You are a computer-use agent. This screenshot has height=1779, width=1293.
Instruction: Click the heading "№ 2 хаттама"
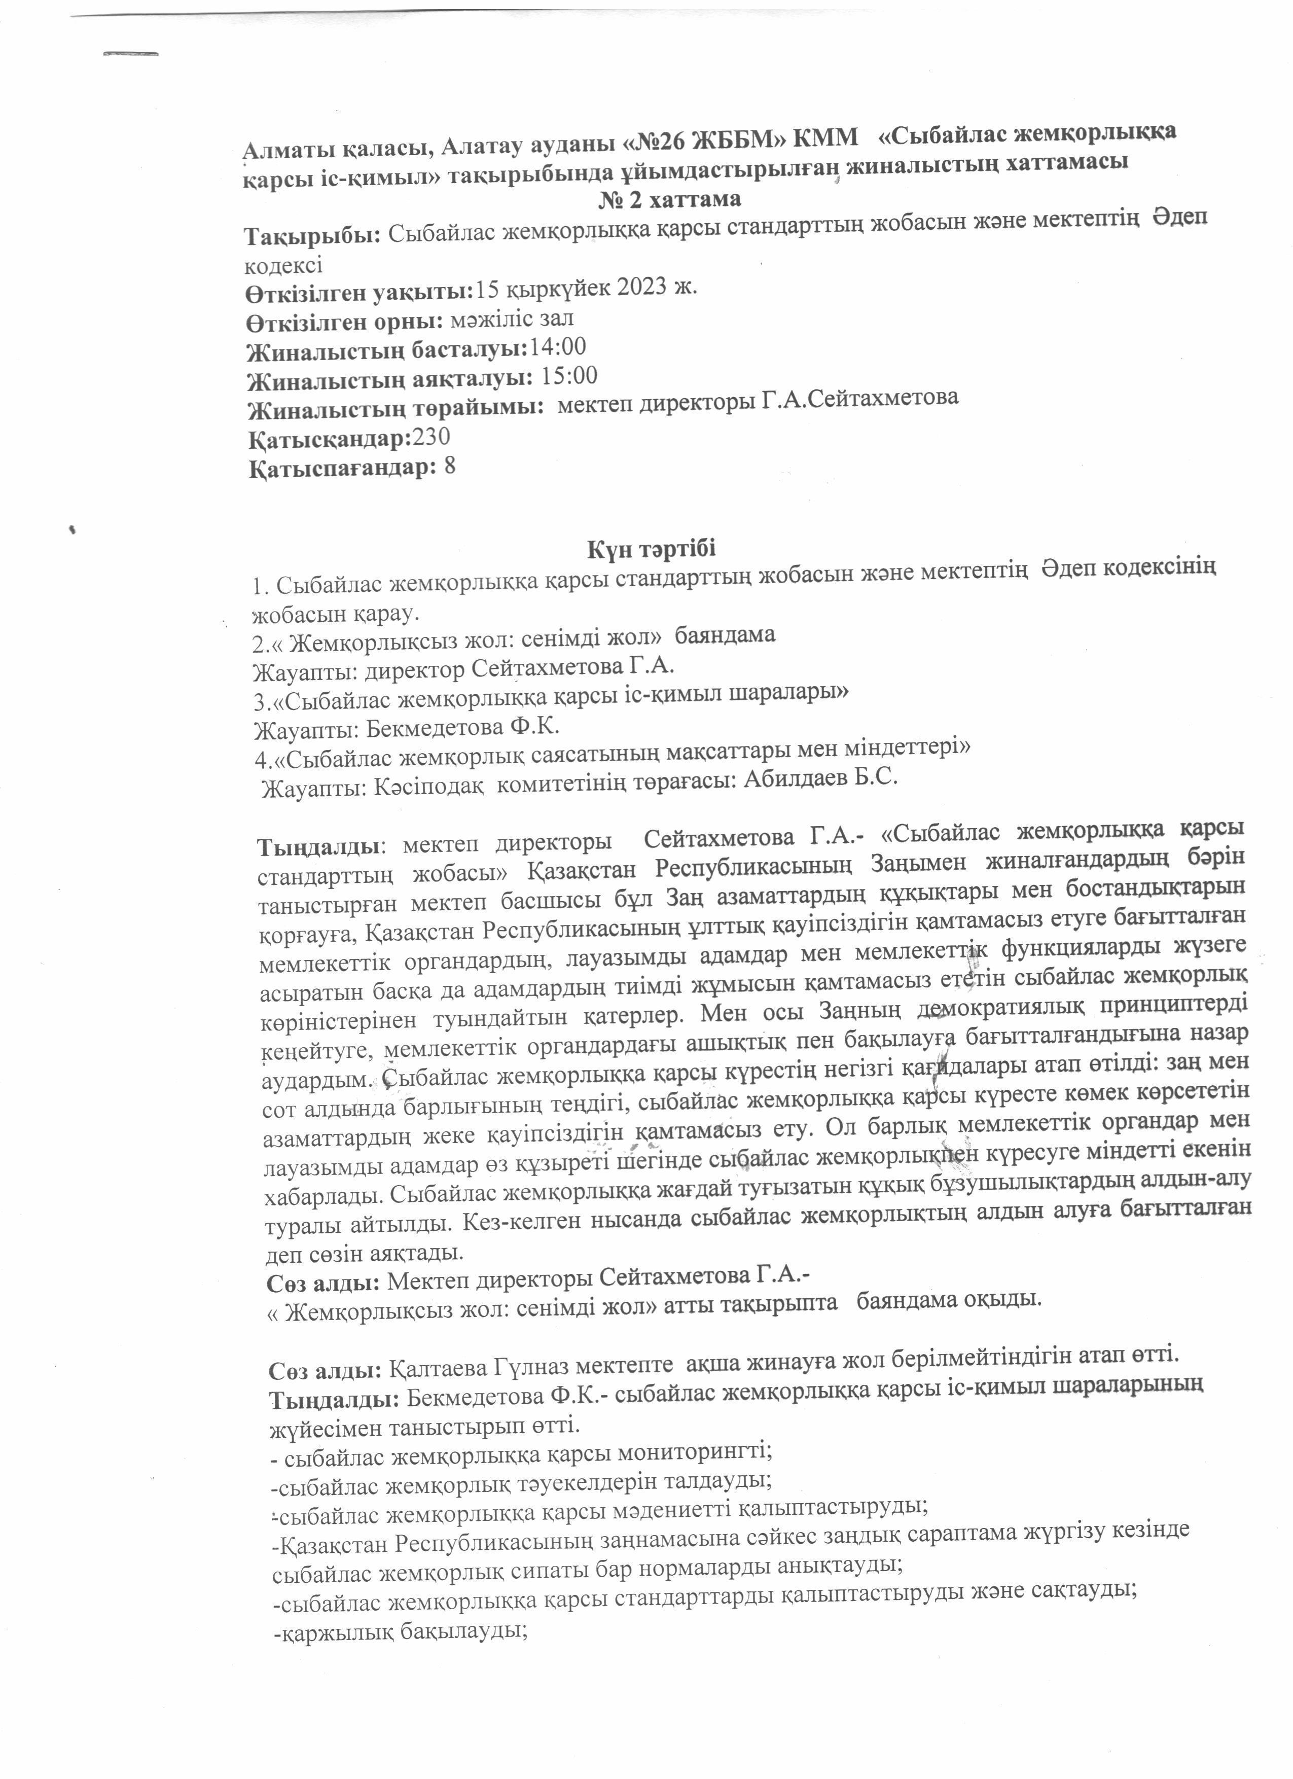click(x=670, y=199)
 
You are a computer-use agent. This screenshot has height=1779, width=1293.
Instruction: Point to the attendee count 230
click(x=432, y=438)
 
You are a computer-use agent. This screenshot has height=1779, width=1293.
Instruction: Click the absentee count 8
click(x=449, y=468)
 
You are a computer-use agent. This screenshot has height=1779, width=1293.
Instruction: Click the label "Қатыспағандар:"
click(x=342, y=469)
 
